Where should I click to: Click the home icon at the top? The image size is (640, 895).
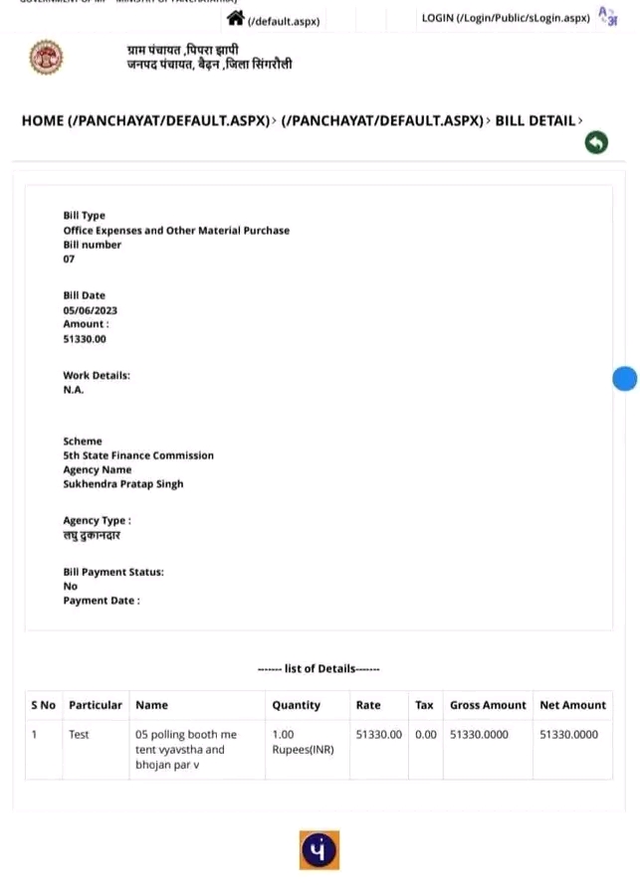click(x=236, y=18)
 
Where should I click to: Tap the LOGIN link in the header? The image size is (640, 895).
click(x=506, y=18)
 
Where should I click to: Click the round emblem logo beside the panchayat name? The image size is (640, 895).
click(x=46, y=59)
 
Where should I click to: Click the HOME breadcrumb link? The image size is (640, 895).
click(x=145, y=120)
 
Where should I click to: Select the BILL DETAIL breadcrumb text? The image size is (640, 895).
click(x=535, y=120)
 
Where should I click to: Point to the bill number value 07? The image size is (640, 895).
click(x=69, y=260)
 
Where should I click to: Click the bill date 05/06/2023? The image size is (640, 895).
click(x=90, y=310)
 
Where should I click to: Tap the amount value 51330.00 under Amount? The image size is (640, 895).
click(x=85, y=339)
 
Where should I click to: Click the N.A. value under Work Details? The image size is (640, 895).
click(x=74, y=390)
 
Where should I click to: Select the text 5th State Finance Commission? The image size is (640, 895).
click(x=138, y=455)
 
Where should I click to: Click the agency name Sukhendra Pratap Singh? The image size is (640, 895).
click(x=123, y=484)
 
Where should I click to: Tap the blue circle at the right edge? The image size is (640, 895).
click(x=624, y=378)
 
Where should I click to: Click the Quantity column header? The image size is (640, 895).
click(x=297, y=705)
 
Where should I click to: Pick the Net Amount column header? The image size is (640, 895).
click(x=572, y=705)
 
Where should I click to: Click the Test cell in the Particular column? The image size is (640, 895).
click(x=79, y=735)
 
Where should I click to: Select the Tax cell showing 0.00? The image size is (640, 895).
click(x=425, y=735)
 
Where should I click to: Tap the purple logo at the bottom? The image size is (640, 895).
click(x=320, y=850)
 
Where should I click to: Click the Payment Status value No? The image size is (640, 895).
click(x=70, y=587)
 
